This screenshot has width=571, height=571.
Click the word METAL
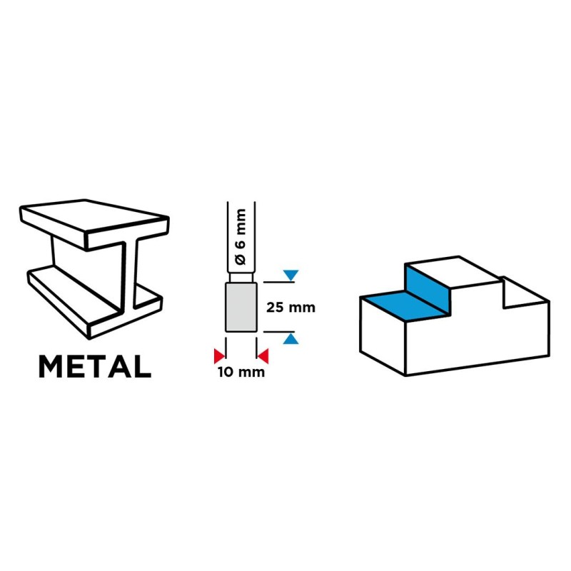[95, 366]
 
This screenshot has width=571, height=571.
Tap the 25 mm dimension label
[290, 308]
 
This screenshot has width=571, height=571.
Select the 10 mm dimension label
[241, 372]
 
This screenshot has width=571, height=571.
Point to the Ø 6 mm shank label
[241, 237]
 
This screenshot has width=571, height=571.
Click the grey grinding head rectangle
[241, 308]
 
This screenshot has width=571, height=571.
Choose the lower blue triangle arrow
[290, 339]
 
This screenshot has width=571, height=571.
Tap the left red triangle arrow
[219, 356]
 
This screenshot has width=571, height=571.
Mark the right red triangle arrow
[263, 356]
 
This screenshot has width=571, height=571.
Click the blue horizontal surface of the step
[407, 305]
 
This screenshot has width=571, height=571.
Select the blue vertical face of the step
[427, 289]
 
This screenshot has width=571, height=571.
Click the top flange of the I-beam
[94, 223]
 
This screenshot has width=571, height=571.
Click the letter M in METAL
[49, 366]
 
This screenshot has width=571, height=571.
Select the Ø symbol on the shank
[241, 259]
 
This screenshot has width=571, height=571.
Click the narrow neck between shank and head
[241, 278]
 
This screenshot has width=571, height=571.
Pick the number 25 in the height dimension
[275, 308]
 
